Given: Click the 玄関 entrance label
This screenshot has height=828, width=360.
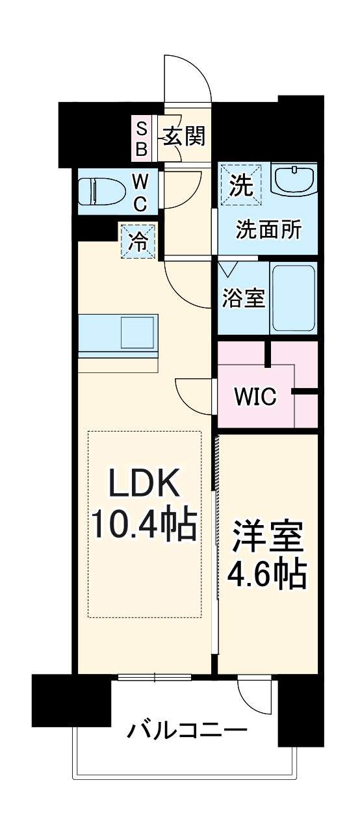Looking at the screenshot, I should [184, 136].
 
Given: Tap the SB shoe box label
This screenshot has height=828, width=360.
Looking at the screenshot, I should [141, 138].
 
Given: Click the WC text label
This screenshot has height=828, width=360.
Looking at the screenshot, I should [141, 192].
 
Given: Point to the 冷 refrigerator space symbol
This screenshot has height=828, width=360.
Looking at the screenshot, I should [138, 241].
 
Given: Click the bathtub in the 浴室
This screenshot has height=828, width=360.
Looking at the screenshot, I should [294, 298].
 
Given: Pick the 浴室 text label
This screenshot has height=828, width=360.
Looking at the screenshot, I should [243, 298].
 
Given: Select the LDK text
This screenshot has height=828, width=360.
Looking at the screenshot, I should [143, 485].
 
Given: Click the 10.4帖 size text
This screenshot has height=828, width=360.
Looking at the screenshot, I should [143, 525].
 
